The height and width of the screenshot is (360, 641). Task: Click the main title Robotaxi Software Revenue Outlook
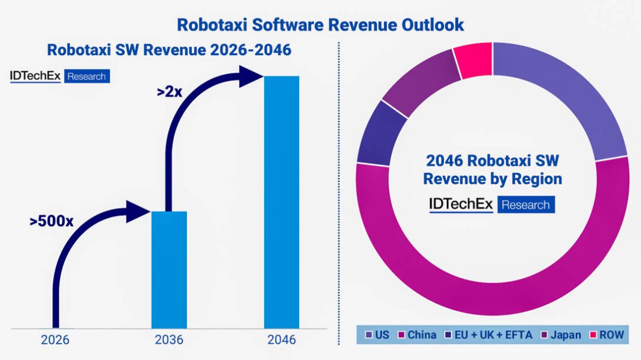(x=320, y=24)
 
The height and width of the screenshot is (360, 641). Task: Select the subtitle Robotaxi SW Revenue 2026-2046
(x=169, y=50)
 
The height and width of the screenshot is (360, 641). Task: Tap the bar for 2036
(x=169, y=270)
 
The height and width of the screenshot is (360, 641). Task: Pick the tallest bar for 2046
(x=281, y=202)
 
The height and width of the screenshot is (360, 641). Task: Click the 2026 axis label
(x=55, y=340)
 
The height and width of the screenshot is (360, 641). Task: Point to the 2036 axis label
(x=169, y=340)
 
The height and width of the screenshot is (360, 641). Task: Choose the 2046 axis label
(x=281, y=340)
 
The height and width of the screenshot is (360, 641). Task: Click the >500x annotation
(x=52, y=222)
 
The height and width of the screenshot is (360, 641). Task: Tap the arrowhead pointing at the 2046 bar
(x=251, y=77)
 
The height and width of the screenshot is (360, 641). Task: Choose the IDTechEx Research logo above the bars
(x=59, y=76)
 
